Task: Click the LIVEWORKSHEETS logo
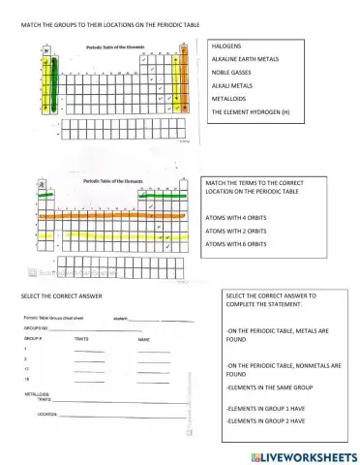[299, 453]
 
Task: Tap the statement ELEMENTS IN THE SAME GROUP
[268, 386]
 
